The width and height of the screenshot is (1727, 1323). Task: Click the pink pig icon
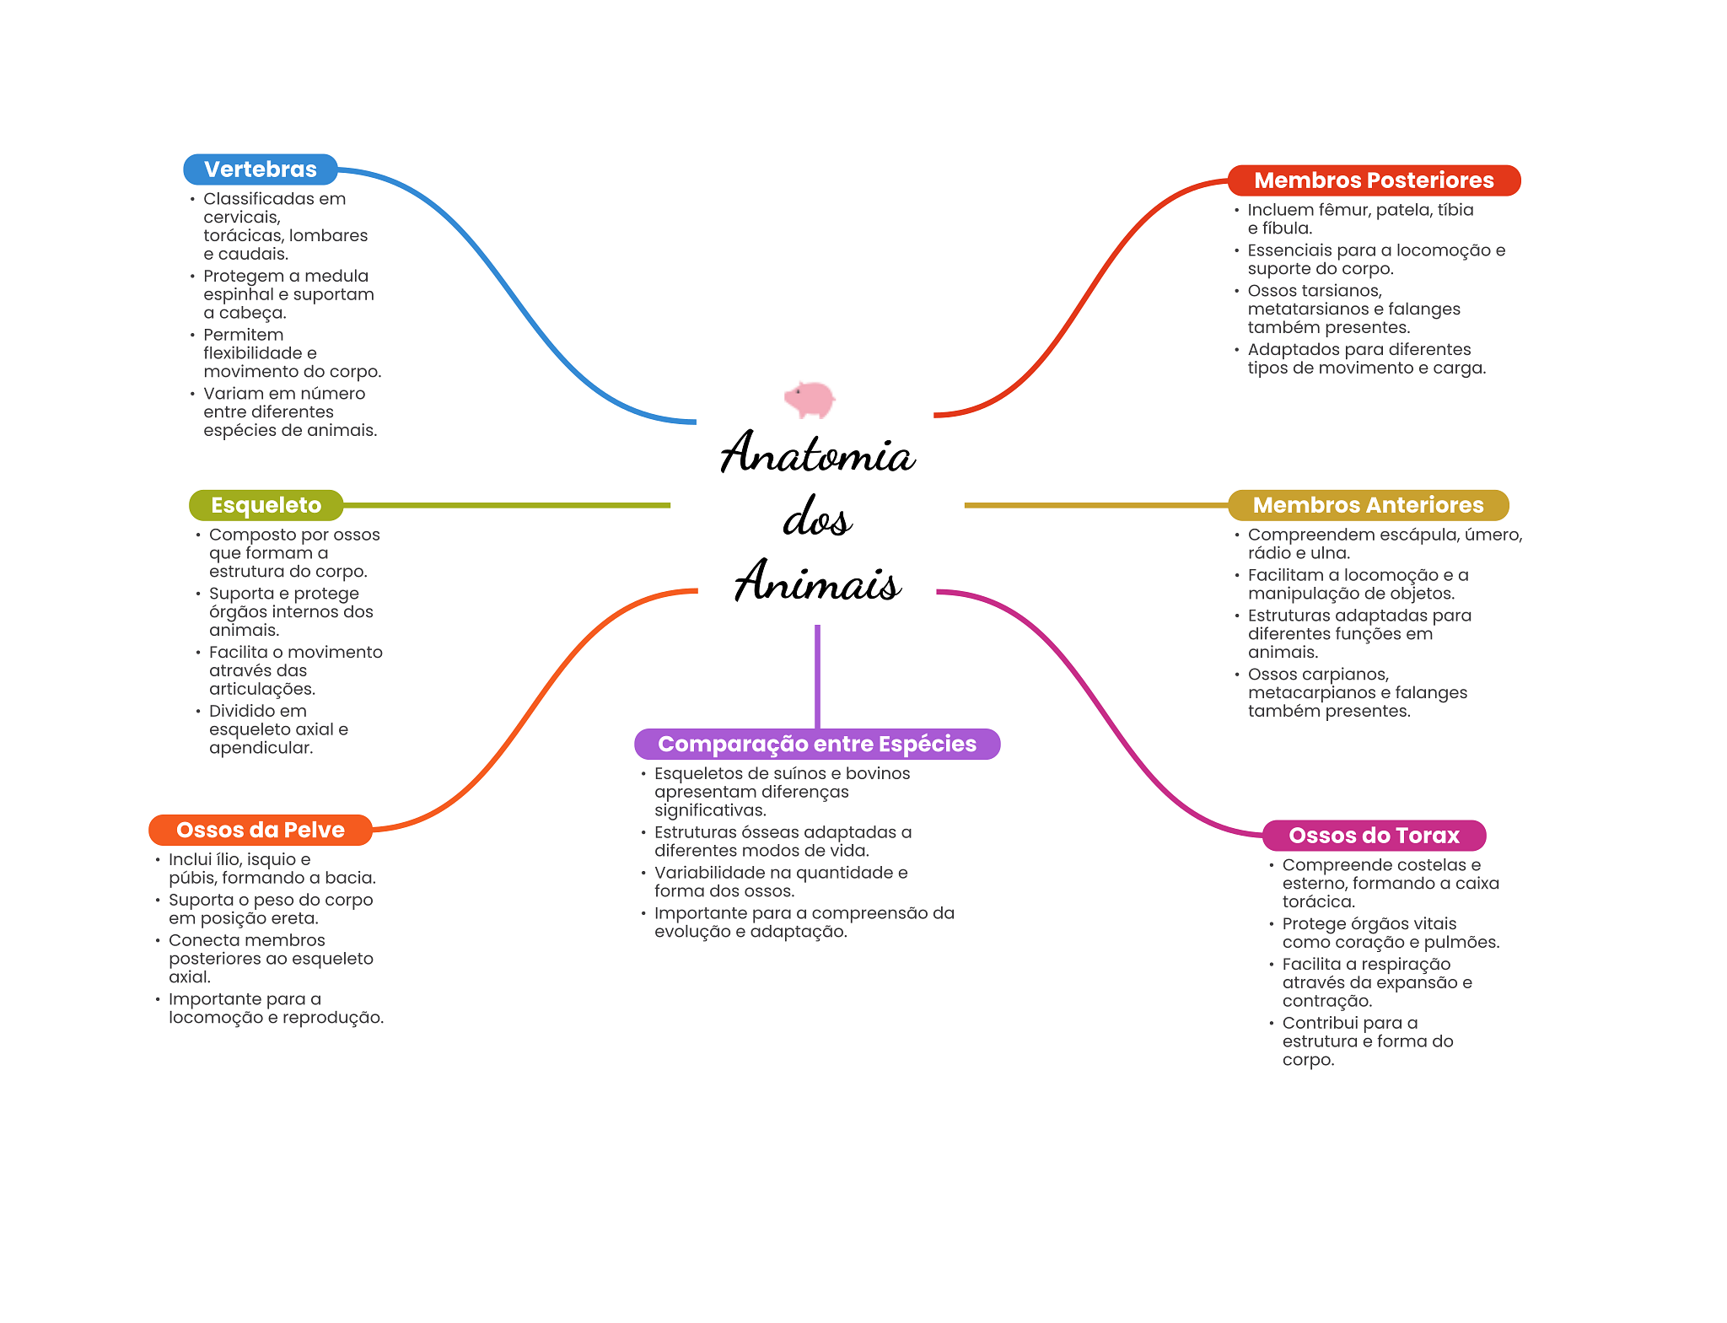point(810,399)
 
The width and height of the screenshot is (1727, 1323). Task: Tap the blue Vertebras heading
point(260,169)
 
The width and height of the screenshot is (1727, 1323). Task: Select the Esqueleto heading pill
point(266,505)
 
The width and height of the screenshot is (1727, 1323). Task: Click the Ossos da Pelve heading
point(260,830)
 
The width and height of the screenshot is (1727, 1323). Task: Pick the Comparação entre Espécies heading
point(816,744)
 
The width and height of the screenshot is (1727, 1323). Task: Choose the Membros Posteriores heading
point(1373,180)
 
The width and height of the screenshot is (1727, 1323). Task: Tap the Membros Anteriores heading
point(1367,505)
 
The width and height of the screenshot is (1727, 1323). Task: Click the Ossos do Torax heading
point(1373,836)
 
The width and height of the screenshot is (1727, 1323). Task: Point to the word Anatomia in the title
point(817,454)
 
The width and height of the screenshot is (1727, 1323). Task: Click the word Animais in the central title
point(817,583)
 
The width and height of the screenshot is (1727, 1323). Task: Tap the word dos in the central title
point(817,518)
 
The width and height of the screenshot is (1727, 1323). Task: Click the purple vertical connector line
point(817,675)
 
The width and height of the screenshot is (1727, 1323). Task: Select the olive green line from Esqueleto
point(506,505)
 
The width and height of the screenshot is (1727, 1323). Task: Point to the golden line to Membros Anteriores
point(1096,505)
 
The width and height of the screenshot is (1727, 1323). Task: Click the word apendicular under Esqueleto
point(261,748)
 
